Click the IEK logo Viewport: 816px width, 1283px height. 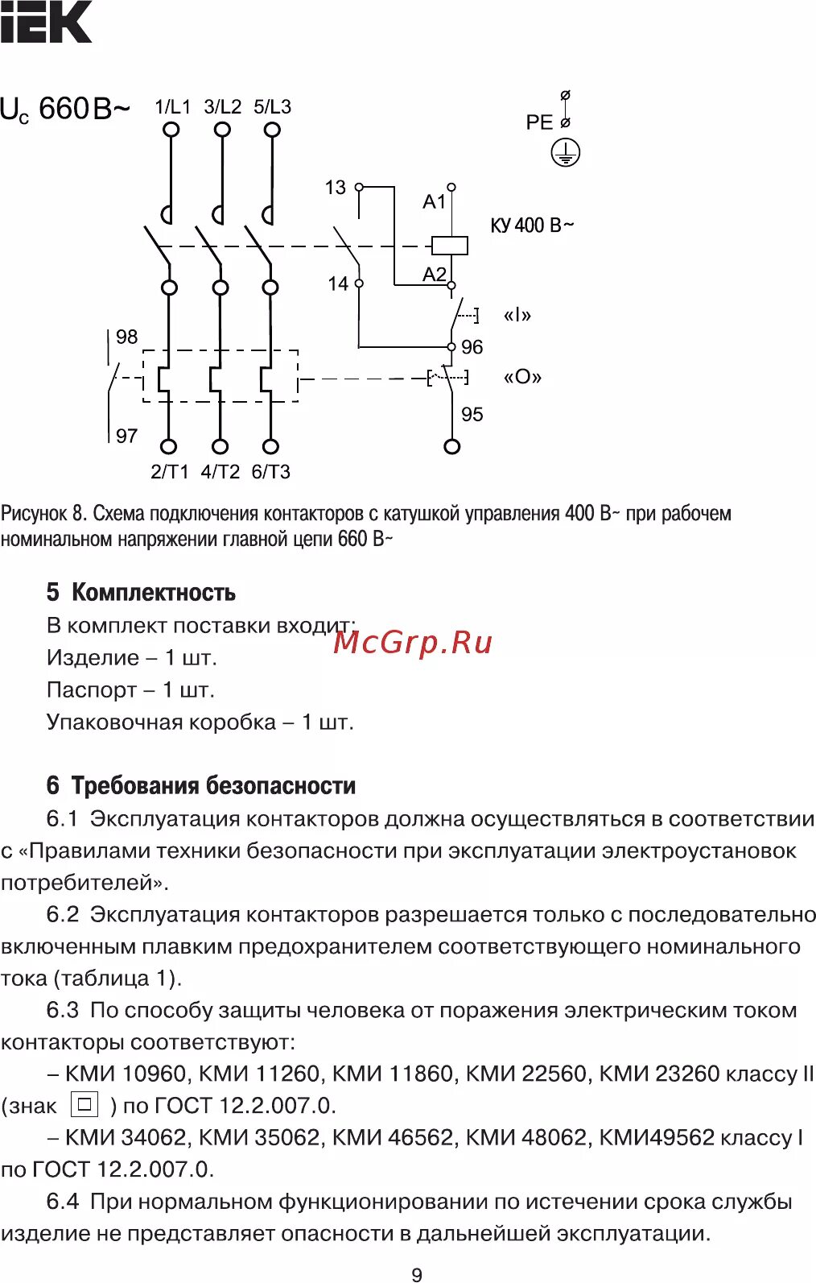[46, 22]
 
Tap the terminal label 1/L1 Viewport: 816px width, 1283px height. [172, 107]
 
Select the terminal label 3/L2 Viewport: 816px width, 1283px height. [222, 107]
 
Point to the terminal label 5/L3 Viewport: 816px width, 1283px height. [272, 107]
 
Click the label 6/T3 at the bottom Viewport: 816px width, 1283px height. [270, 472]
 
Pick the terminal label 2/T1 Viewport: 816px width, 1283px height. [169, 472]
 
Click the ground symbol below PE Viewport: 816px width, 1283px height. [566, 152]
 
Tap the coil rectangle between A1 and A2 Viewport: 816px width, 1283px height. [450, 245]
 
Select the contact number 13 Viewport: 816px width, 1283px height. [335, 188]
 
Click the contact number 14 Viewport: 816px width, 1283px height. [338, 284]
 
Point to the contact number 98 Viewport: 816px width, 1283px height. [126, 337]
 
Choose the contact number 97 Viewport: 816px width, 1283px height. [126, 436]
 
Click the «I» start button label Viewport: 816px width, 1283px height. [517, 315]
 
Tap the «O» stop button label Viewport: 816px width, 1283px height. [522, 377]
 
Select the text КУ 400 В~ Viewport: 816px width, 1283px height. [532, 226]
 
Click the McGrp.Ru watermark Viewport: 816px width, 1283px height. [412, 642]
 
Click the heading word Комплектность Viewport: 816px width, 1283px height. [154, 593]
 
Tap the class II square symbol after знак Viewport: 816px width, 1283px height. [84, 1103]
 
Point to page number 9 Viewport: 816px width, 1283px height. [416, 1274]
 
